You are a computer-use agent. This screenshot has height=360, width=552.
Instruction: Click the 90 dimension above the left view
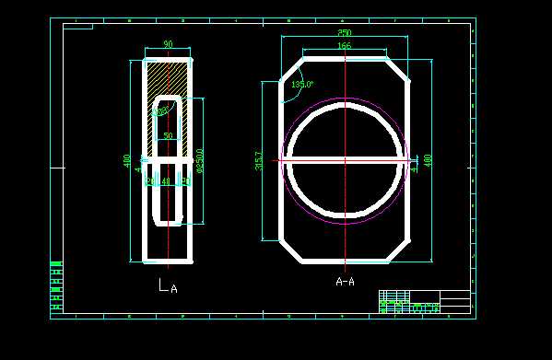coord(168,44)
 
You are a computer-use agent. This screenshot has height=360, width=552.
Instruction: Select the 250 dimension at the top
coord(345,33)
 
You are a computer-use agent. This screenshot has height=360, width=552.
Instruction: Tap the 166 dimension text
coord(345,45)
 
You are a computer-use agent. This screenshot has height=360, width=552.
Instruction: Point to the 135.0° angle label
coord(302,84)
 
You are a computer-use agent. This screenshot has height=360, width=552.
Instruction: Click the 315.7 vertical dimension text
coord(259,161)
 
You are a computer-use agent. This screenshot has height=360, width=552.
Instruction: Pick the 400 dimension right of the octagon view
coord(428,160)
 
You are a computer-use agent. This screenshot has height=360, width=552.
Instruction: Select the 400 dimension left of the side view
coord(127,160)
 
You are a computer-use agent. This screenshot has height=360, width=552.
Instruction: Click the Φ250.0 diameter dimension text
coord(200,160)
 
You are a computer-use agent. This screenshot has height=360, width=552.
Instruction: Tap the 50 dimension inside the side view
coord(168,135)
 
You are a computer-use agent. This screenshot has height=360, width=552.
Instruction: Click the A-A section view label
coord(345,282)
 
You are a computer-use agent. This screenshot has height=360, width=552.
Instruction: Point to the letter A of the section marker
coord(174,288)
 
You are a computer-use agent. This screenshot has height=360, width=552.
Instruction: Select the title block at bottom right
coord(424,302)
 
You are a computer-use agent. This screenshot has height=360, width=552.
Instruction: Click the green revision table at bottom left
coord(56,286)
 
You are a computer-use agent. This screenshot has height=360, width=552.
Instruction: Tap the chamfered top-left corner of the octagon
coord(291,70)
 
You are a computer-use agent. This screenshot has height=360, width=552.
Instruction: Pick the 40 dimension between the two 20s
coord(167,181)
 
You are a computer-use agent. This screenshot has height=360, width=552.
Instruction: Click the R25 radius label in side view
coord(161,111)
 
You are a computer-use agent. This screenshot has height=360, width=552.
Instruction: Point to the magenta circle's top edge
coord(345,99)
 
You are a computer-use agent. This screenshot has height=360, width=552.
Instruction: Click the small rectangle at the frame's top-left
coord(77,27)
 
